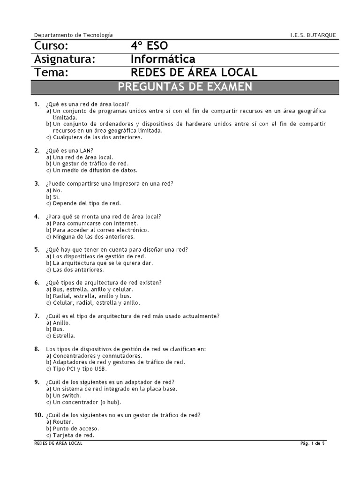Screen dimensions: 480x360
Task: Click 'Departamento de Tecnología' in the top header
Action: tap(74, 35)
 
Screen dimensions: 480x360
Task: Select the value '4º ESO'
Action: tap(149, 46)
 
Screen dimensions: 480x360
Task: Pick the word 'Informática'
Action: tap(163, 60)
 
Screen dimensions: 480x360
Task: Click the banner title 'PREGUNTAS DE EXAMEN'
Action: tap(185, 87)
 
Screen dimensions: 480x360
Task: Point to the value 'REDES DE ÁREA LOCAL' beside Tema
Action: tap(194, 73)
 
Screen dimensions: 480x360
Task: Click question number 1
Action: tap(37, 104)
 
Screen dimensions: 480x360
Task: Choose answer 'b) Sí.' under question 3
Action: tap(53, 197)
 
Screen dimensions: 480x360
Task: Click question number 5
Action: tap(37, 250)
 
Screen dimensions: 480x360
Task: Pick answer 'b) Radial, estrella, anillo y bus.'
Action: tap(89, 296)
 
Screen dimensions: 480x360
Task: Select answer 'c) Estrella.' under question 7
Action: tap(60, 336)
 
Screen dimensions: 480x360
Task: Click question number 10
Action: tap(38, 415)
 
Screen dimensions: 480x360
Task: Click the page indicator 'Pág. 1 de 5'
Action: tap(312, 443)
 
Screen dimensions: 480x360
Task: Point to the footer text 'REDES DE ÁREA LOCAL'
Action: tap(59, 443)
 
